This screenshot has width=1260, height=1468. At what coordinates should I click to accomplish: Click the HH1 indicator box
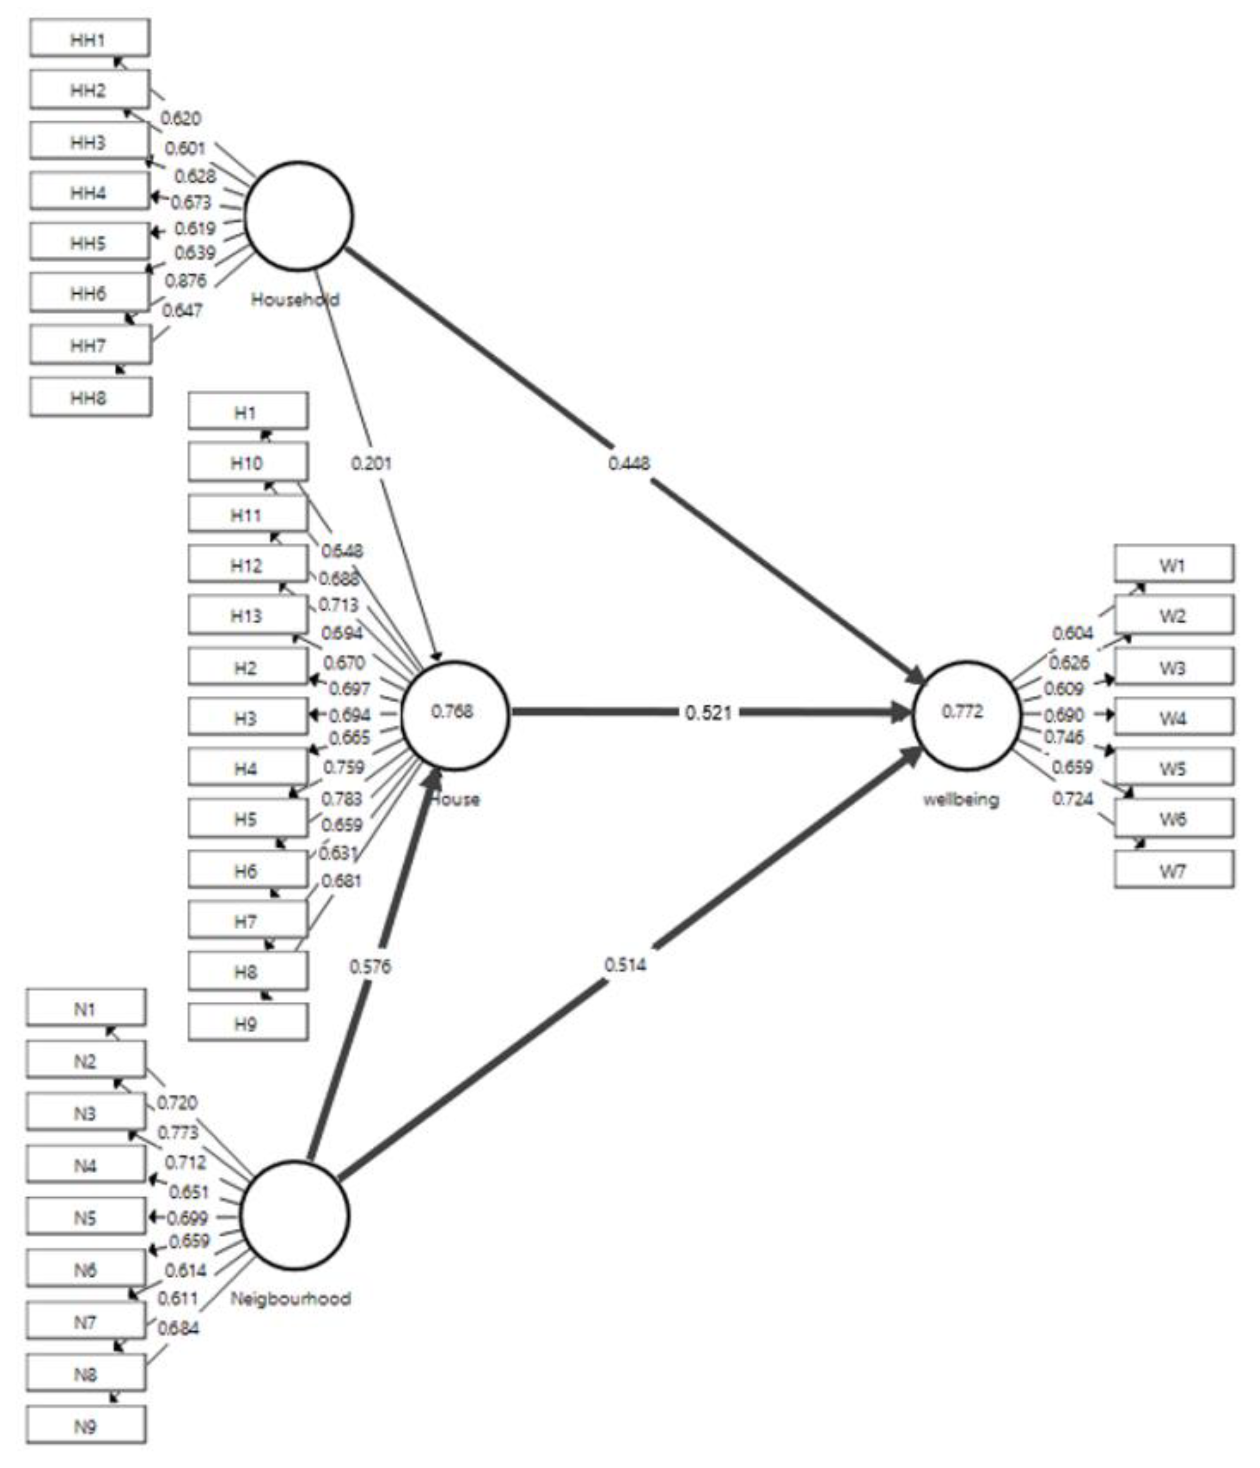click(x=89, y=38)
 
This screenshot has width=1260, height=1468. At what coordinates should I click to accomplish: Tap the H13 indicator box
click(x=247, y=615)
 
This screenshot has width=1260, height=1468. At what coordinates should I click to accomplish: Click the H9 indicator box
click(x=247, y=1022)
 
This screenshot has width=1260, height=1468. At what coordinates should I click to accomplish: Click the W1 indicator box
click(x=1173, y=565)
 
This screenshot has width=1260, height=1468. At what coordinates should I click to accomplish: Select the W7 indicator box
click(x=1173, y=870)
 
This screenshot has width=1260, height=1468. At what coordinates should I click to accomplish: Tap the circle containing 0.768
click(x=454, y=714)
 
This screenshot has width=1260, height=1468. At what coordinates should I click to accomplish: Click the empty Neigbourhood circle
click(x=295, y=1216)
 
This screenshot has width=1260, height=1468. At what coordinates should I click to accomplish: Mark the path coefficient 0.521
click(x=708, y=713)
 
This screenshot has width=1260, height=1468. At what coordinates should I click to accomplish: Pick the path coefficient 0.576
click(x=370, y=966)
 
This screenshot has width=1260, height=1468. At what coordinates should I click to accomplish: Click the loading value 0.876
click(x=186, y=281)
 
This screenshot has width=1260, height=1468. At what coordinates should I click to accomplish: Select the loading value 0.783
click(x=341, y=799)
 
